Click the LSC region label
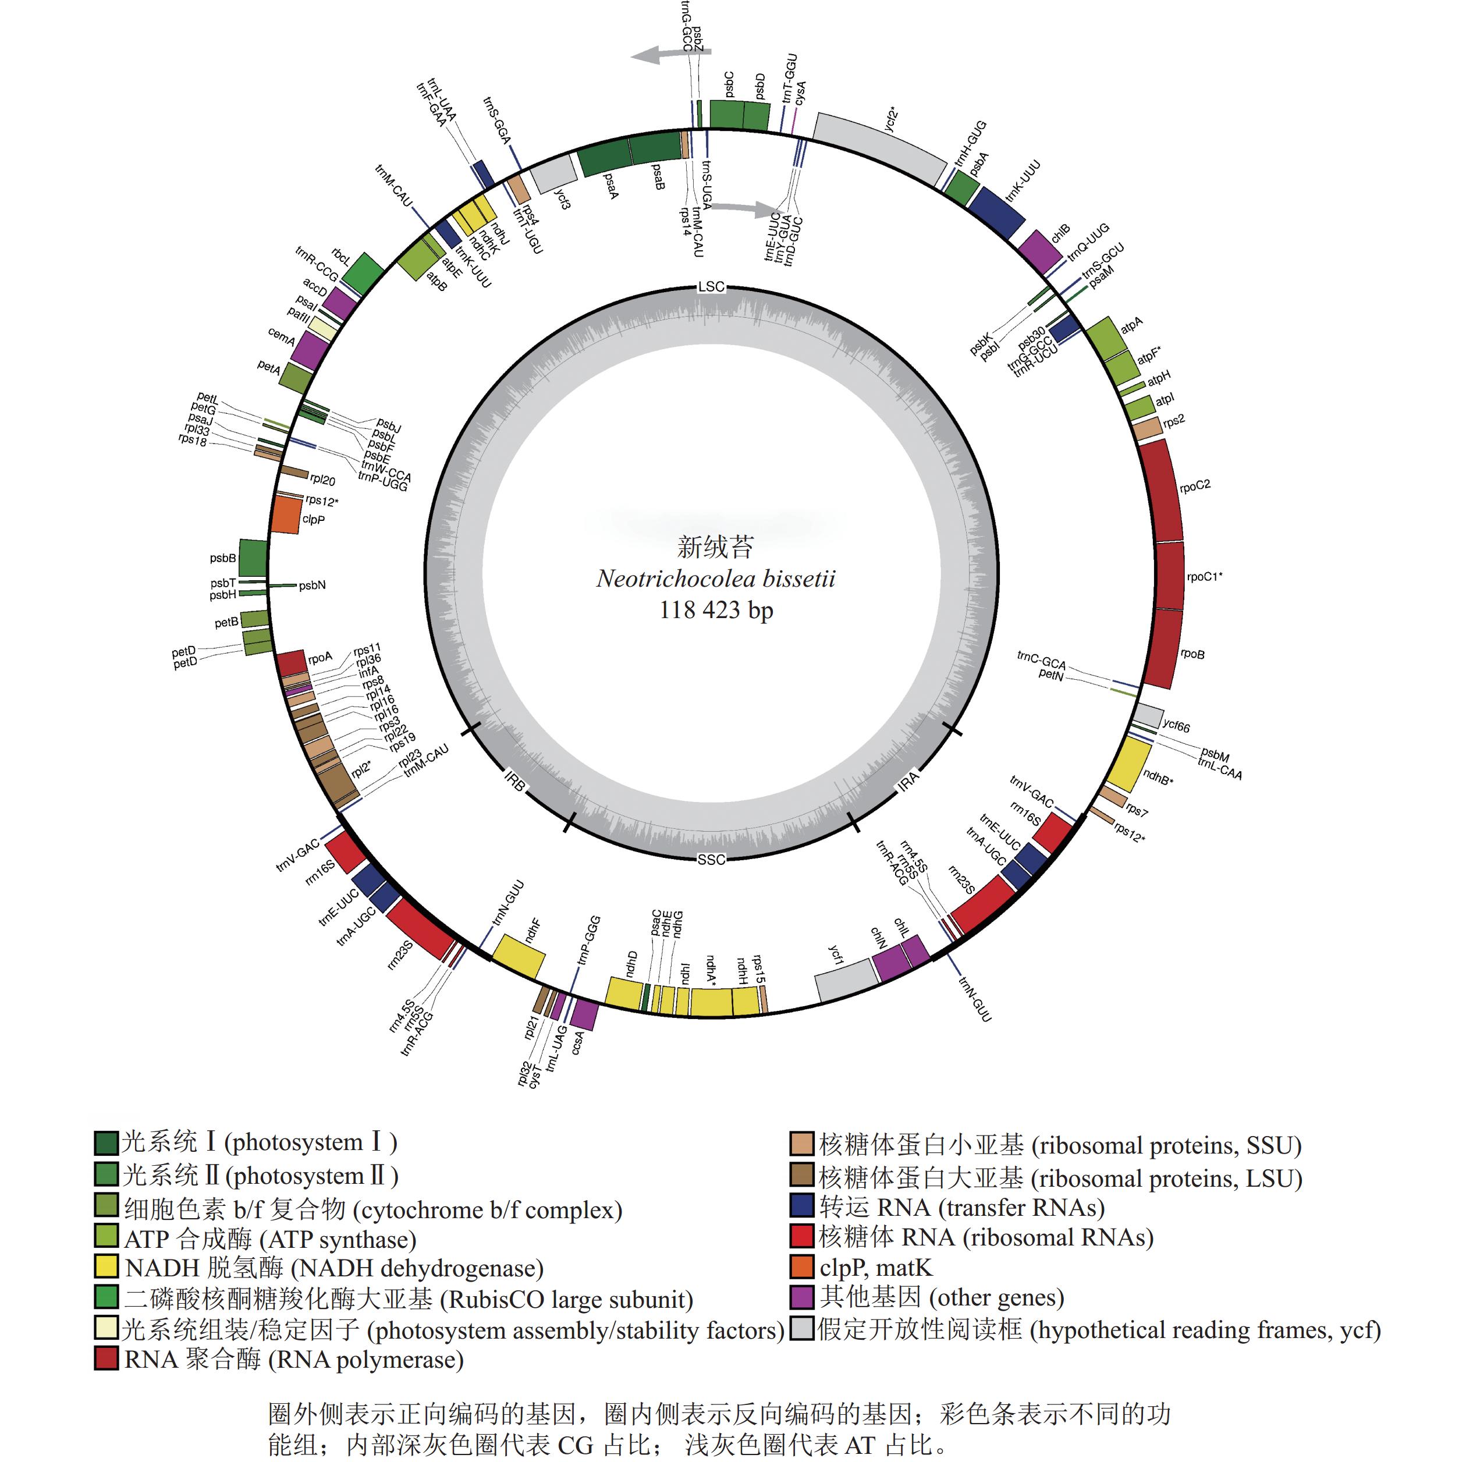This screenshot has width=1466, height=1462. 711,287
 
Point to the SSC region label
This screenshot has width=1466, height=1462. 711,860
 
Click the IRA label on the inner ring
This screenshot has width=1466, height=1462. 908,782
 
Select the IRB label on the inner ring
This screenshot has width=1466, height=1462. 514,782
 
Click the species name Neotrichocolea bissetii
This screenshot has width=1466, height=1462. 716,579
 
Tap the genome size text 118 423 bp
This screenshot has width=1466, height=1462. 716,610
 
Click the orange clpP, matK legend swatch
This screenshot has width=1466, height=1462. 802,1267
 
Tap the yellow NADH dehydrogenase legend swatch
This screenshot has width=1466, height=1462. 107,1267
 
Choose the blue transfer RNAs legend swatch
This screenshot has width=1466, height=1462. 802,1206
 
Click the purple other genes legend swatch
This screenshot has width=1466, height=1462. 802,1297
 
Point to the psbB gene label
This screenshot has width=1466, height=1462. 223,558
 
